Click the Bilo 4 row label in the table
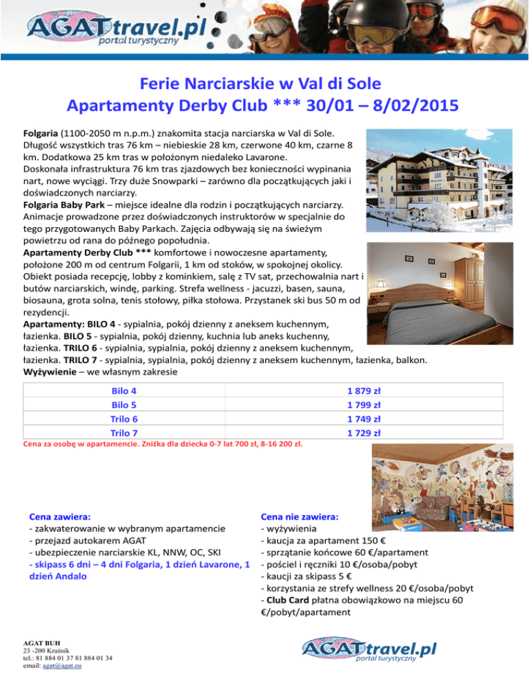click(x=124, y=391)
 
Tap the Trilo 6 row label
click(x=124, y=419)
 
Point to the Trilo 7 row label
click(x=124, y=433)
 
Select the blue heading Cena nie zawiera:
click(x=299, y=516)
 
